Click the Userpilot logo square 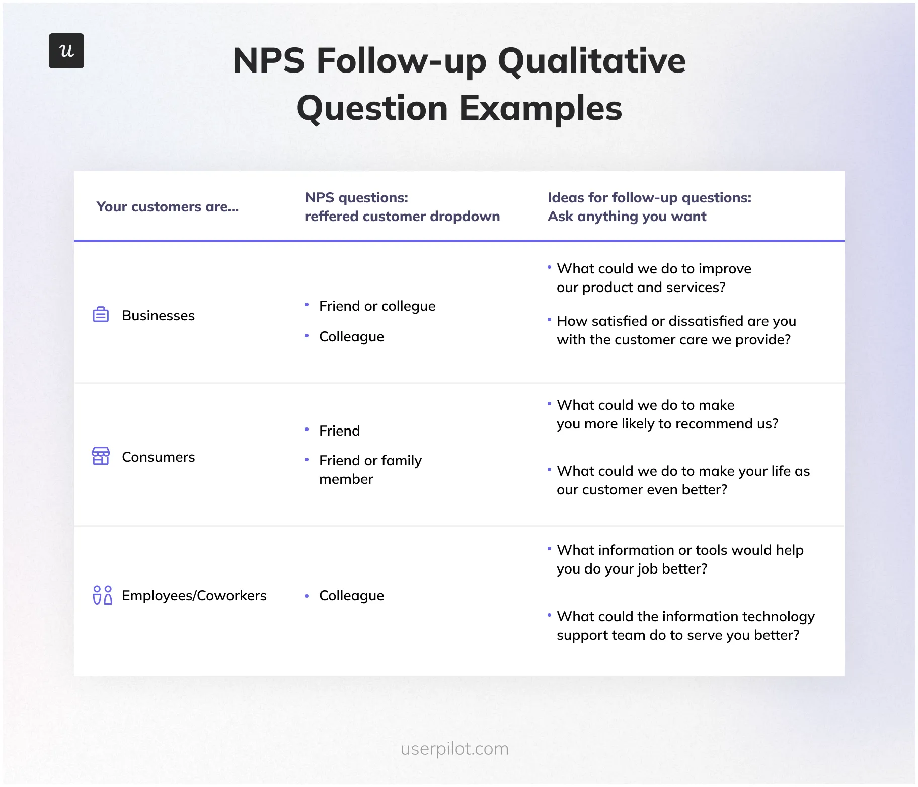tap(66, 51)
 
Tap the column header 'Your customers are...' tap(168, 207)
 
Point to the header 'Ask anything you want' tap(627, 217)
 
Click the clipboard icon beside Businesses tap(101, 315)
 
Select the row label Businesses tap(158, 316)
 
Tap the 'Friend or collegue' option tap(377, 306)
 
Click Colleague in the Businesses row tap(351, 337)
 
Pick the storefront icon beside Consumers tap(101, 456)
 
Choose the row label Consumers tap(158, 457)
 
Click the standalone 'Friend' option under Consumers tap(339, 431)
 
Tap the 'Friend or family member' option tap(370, 469)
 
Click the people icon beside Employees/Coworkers tap(102, 595)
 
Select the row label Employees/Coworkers tap(194, 596)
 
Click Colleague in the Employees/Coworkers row tap(351, 596)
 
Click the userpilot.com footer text tap(454, 749)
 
